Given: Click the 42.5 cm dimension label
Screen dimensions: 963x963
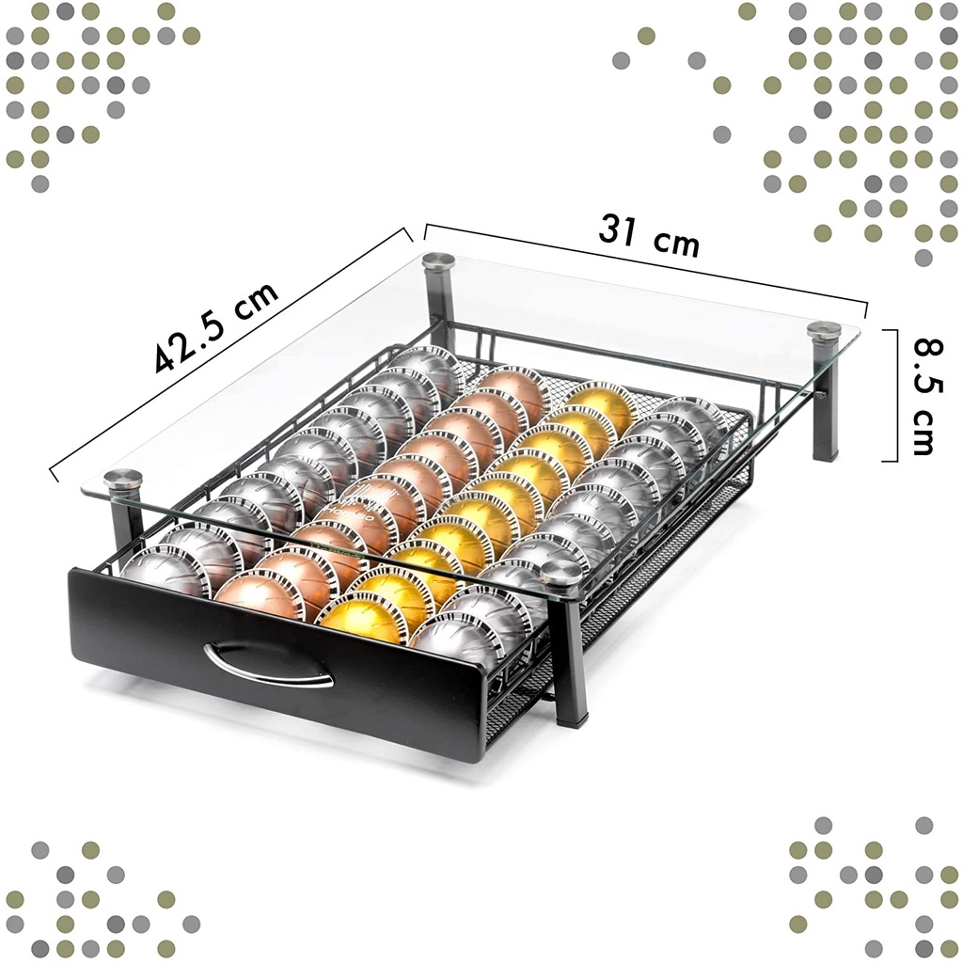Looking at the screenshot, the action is point(216,326).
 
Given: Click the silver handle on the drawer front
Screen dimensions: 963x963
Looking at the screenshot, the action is point(268,665).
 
